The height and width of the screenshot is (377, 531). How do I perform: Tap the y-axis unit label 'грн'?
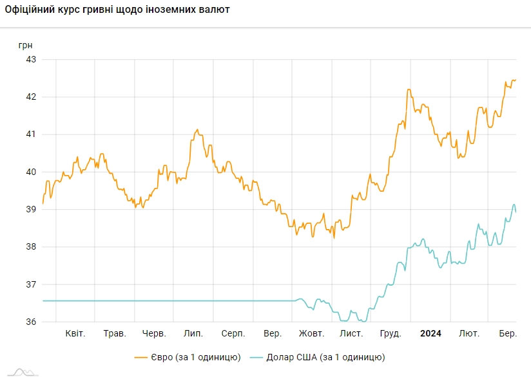click(24, 45)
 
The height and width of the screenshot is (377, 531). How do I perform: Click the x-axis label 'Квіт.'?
click(76, 334)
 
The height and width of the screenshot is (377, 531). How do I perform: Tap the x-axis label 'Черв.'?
click(154, 334)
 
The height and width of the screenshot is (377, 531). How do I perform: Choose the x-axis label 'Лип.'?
click(193, 334)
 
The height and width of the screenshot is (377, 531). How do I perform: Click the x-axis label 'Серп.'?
click(233, 334)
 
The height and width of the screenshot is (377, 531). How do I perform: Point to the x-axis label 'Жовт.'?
click(311, 334)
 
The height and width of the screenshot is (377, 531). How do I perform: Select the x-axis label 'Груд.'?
click(391, 334)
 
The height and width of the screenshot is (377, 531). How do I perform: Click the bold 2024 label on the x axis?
click(430, 334)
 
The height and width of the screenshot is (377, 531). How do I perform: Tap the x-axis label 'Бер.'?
click(508, 334)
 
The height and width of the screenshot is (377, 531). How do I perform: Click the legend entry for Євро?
click(188, 356)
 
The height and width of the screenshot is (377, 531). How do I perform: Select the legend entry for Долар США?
click(317, 356)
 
